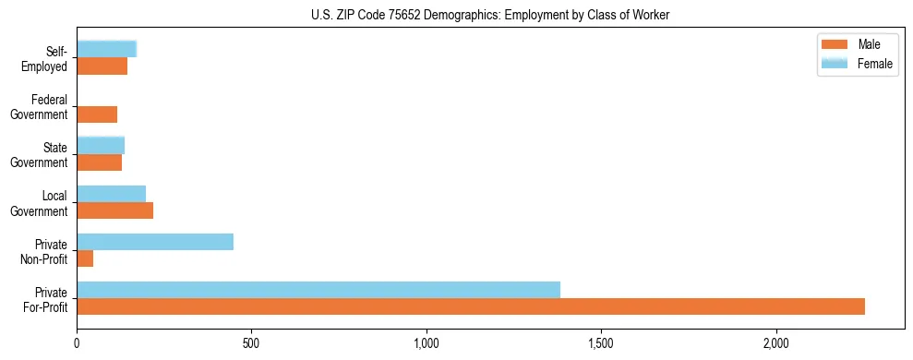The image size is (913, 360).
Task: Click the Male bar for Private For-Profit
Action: pos(471,306)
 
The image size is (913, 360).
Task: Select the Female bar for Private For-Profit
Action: pos(318,289)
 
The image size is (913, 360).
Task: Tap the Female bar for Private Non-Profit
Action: pos(155,242)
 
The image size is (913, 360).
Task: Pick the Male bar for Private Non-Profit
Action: pos(85,258)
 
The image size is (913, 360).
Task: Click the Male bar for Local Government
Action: pos(115,210)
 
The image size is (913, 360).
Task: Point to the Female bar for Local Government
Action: pos(112,194)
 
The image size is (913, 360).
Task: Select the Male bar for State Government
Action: pos(100,162)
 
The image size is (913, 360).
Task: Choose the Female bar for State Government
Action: pos(101,145)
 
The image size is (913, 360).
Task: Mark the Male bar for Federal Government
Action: pos(97,114)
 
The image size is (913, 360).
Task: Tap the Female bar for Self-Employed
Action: pos(107,49)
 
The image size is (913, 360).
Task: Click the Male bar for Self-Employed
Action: pos(102,66)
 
